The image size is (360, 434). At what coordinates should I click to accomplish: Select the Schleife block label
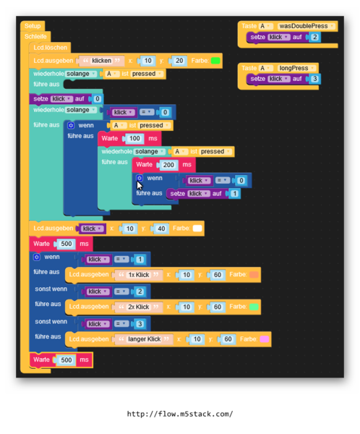coord(35,36)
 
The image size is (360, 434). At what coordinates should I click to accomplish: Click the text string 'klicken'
coord(101,61)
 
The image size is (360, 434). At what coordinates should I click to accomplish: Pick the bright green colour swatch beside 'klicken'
coord(215,61)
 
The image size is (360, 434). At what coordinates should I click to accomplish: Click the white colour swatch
coord(197,229)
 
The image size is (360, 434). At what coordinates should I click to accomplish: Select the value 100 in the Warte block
coord(134,138)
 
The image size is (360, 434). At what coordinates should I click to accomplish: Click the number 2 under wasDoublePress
coord(314,37)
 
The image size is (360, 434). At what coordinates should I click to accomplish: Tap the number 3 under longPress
coord(314,79)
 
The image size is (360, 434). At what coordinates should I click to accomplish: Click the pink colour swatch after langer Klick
coord(264,339)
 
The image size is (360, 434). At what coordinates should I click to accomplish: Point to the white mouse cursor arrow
coord(140,185)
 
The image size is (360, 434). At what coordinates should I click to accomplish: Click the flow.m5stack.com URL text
coord(180,414)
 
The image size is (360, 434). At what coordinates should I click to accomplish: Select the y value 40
coord(161,229)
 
